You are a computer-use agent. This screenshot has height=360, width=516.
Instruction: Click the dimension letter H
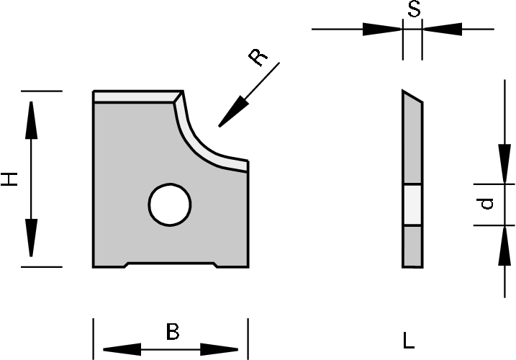pyautogui.click(x=9, y=179)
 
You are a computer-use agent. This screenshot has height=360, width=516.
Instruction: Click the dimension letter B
pyautogui.click(x=172, y=333)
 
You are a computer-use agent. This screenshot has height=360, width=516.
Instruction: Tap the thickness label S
pyautogui.click(x=414, y=10)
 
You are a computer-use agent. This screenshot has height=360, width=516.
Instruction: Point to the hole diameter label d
pyautogui.click(x=488, y=204)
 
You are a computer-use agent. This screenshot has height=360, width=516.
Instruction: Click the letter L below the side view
pyautogui.click(x=409, y=338)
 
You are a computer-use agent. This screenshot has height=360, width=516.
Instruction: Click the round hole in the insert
pyautogui.click(x=171, y=204)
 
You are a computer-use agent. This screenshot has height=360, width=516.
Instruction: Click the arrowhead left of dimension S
pyautogui.click(x=381, y=30)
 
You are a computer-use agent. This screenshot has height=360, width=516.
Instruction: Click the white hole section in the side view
pyautogui.click(x=412, y=204)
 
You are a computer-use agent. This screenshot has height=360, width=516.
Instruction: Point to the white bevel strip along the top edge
pyautogui.click(x=137, y=96)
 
